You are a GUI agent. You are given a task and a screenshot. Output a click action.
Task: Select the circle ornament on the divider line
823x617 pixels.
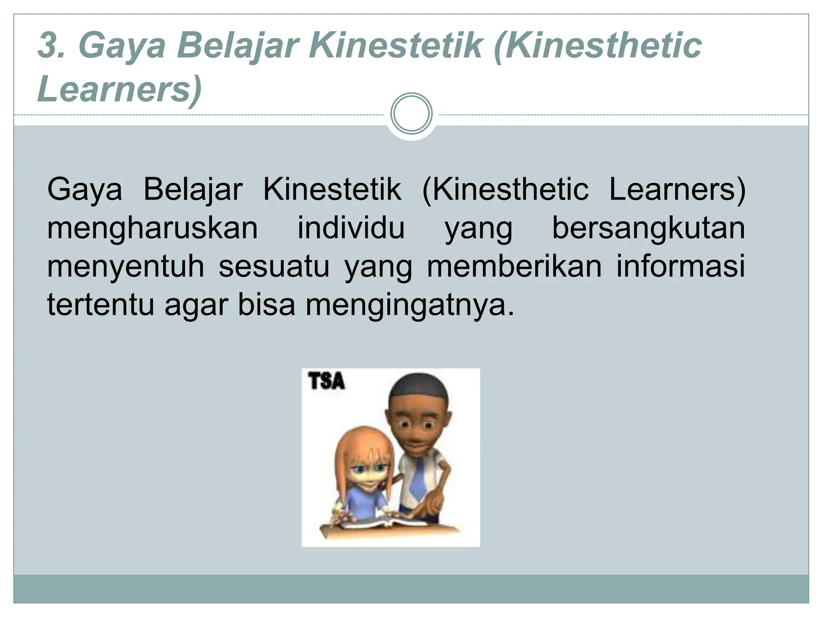(411, 114)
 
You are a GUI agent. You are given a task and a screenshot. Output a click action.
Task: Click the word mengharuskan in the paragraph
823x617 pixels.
(152, 229)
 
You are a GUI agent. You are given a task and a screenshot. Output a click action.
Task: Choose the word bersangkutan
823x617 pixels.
(649, 229)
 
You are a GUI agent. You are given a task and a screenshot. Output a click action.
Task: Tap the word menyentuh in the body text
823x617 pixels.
(126, 267)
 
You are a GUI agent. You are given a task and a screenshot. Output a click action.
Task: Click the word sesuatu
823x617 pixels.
(274, 267)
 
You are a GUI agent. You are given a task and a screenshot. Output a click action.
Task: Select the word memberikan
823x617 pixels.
(514, 267)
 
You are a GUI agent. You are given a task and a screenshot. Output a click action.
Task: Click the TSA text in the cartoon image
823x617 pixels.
(327, 381)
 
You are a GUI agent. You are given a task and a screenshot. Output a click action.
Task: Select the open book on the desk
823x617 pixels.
(386, 523)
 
